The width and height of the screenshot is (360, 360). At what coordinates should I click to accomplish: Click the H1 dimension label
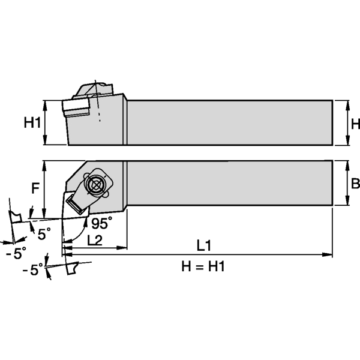point(32,123)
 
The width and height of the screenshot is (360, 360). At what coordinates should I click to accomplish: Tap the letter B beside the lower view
point(355,184)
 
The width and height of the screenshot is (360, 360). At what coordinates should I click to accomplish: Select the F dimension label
point(35,188)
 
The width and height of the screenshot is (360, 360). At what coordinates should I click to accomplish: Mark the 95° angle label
point(101,223)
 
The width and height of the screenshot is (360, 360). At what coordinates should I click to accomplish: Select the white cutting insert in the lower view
point(76,205)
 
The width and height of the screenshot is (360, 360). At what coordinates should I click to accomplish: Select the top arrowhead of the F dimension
point(43,164)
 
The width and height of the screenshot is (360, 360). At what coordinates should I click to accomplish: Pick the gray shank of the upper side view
point(228,122)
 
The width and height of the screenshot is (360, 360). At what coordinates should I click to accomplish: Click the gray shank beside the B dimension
point(228,183)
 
